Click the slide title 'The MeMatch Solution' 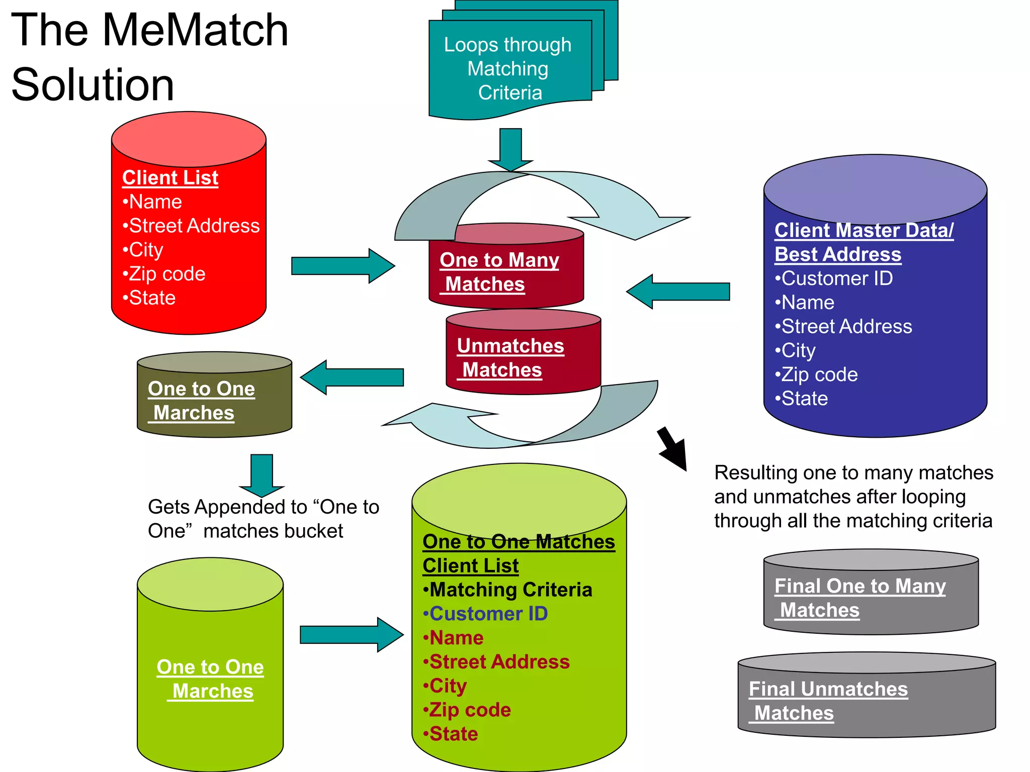150,56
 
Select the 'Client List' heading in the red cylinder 170,178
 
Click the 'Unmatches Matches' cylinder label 509,357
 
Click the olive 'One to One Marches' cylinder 214,400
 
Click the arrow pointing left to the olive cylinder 352,377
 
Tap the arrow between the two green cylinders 351,635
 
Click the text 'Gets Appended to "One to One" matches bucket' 263,519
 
